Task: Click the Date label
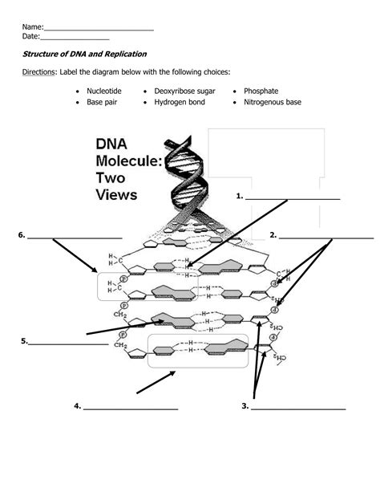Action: (x=30, y=36)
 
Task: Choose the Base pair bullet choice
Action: (x=101, y=103)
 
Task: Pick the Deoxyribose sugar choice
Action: (x=184, y=91)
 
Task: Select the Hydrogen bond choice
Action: (x=180, y=103)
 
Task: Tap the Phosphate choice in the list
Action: (x=261, y=91)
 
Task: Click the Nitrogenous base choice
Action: (x=272, y=103)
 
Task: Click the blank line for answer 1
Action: (x=293, y=197)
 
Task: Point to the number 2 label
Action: (x=273, y=235)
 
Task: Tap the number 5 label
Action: (x=24, y=341)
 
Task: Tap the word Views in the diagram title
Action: (x=116, y=194)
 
